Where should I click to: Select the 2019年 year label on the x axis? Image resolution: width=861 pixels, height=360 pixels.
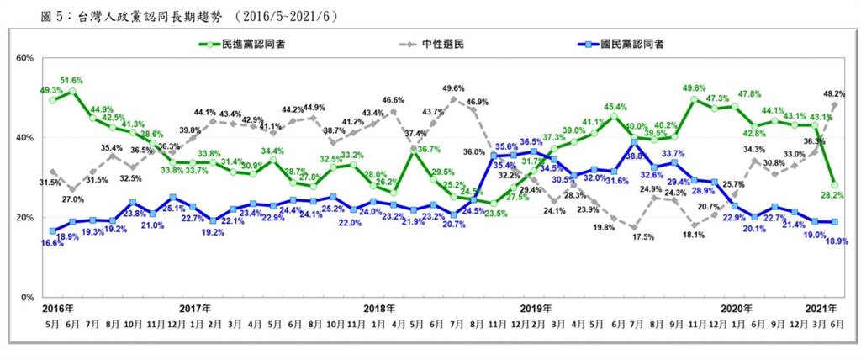tap(535, 309)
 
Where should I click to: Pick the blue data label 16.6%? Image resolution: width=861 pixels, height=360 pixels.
tap(52, 242)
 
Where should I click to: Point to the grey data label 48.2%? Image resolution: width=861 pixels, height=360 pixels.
tap(836, 94)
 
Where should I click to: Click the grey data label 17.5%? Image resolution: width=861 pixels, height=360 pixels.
tap(643, 237)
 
